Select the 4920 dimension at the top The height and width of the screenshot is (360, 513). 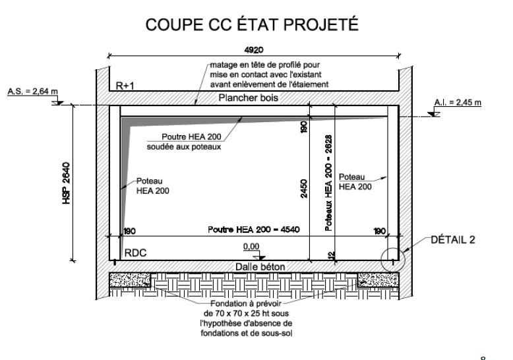tap(253, 48)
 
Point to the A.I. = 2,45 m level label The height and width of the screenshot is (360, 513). tap(458, 102)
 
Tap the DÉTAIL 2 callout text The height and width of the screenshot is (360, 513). tap(452, 240)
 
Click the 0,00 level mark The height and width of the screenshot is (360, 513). tap(251, 246)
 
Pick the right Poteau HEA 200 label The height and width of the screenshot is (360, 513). tap(355, 182)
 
